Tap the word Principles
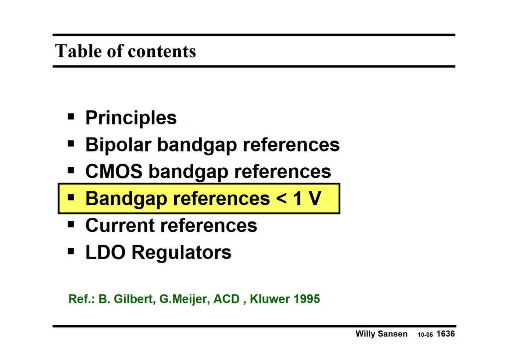[x=131, y=118]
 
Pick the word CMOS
[x=114, y=172]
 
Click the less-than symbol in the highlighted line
[x=281, y=199]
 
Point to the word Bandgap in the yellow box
[x=126, y=199]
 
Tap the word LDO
[x=105, y=253]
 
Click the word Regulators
[x=182, y=253]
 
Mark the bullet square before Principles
[x=71, y=117]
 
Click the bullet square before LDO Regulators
[x=71, y=252]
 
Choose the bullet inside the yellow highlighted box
[x=71, y=198]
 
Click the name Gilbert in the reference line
[x=134, y=299]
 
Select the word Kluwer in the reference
[x=269, y=299]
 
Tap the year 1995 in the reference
[x=306, y=299]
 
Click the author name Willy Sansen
[x=381, y=334]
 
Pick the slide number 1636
[x=445, y=334]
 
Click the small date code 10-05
[x=425, y=335]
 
